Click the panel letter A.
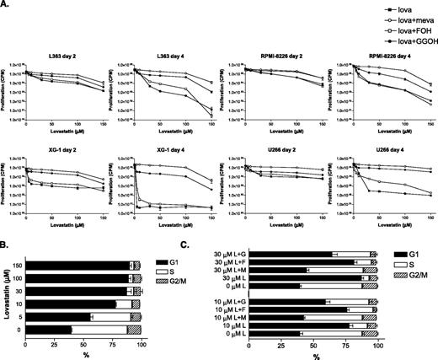click(x=6, y=5)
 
